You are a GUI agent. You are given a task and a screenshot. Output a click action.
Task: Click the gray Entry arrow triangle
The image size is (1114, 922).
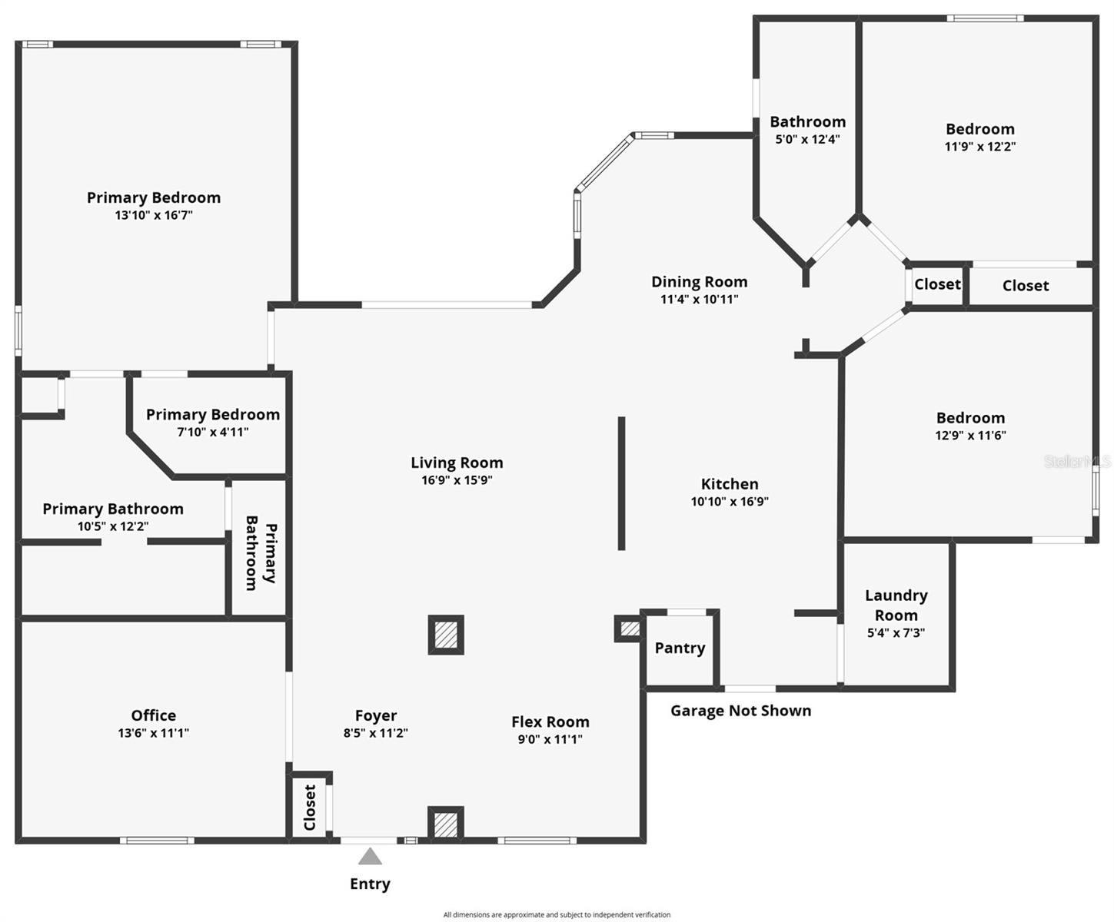click(370, 857)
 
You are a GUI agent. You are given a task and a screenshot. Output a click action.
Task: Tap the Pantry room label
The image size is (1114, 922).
click(680, 648)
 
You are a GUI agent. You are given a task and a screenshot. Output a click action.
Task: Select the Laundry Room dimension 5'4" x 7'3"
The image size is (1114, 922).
click(896, 633)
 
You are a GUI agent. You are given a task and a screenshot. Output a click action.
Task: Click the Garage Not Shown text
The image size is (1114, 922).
click(740, 710)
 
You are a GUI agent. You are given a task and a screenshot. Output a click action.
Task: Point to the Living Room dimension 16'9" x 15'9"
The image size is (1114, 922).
click(457, 480)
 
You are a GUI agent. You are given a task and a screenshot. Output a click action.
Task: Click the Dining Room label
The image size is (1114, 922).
click(699, 281)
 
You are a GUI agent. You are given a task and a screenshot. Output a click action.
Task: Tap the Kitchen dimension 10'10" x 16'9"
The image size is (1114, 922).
click(730, 501)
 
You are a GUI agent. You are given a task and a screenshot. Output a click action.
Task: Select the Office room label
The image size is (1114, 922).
click(154, 715)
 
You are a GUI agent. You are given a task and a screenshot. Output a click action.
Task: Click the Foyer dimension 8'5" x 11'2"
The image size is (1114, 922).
click(376, 733)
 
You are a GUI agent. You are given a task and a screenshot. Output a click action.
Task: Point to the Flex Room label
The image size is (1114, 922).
click(550, 721)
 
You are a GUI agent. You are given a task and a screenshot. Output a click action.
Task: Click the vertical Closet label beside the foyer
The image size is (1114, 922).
click(310, 807)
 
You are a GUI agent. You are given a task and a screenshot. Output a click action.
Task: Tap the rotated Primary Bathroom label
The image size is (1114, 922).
click(261, 552)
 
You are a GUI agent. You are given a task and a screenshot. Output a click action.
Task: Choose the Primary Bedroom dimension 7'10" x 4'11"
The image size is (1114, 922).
click(212, 432)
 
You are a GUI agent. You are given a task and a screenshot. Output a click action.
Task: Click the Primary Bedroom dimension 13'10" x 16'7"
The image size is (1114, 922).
click(154, 215)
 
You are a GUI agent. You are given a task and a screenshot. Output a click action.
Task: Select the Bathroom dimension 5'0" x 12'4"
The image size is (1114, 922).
click(807, 139)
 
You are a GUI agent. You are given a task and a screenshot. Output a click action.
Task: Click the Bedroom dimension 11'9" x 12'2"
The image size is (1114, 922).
click(980, 146)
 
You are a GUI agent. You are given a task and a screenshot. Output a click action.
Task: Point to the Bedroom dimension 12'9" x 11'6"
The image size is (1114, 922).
click(970, 435)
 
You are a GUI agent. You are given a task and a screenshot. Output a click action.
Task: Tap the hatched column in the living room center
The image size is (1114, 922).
click(446, 635)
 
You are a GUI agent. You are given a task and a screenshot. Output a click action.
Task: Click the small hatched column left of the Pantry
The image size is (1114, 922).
click(628, 628)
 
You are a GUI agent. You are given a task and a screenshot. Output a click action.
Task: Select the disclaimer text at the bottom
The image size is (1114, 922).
click(557, 914)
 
